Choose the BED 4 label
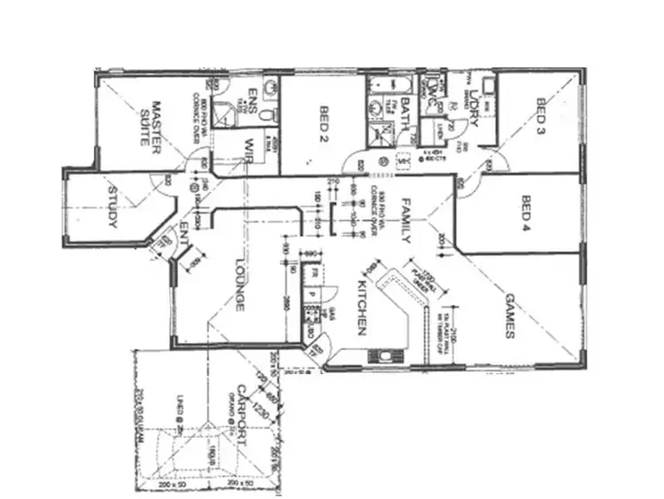click(526, 211)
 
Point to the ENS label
click(252, 98)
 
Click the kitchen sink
click(385, 355)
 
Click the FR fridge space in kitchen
click(311, 275)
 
